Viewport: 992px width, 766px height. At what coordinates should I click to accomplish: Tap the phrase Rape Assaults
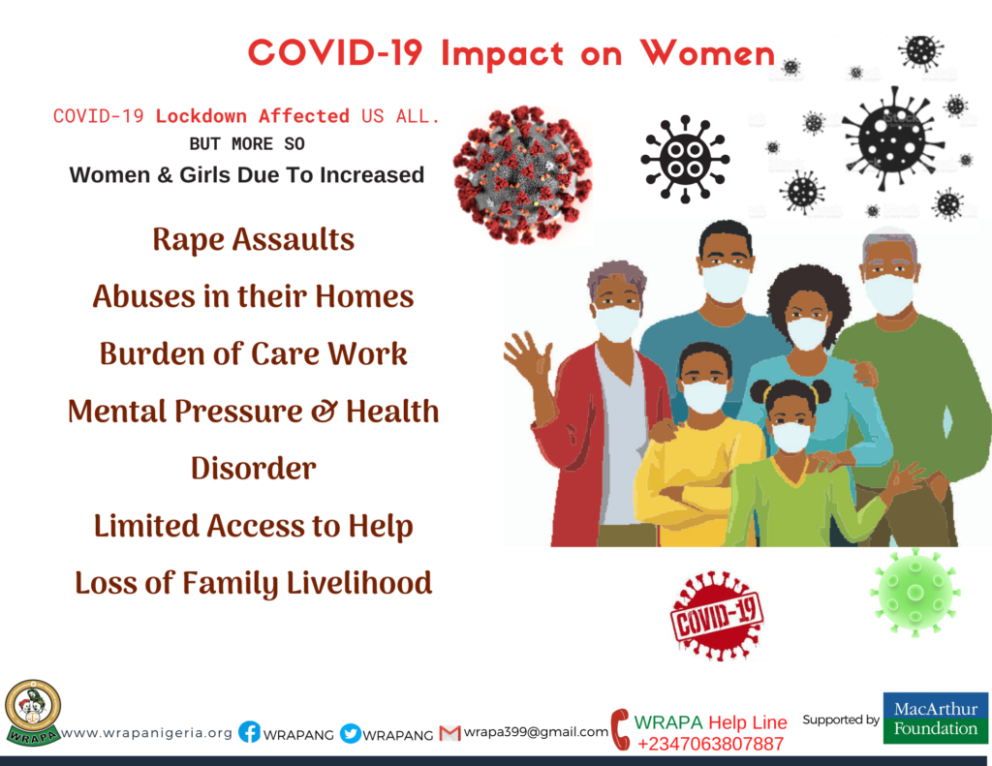[253, 240]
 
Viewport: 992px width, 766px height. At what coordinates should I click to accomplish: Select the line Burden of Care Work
[253, 353]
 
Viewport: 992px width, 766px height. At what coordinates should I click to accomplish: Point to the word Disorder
[253, 469]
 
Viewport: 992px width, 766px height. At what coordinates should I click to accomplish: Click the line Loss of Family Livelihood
[253, 583]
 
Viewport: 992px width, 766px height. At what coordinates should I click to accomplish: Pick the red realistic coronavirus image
[522, 174]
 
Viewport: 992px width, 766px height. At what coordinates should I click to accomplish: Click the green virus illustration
[914, 592]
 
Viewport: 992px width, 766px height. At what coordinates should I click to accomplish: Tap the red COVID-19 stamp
[717, 616]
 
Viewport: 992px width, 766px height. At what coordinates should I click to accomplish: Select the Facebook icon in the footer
[249, 732]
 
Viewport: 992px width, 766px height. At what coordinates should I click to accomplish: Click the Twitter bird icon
[350, 733]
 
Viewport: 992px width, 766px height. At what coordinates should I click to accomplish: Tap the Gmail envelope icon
[449, 733]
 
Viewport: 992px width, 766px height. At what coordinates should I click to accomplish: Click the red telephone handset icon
[621, 729]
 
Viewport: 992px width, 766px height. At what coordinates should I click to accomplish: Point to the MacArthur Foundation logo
[935, 718]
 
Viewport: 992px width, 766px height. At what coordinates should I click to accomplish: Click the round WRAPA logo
[32, 712]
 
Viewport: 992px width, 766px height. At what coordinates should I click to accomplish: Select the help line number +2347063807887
[710, 744]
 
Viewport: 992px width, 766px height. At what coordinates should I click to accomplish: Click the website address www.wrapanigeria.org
[147, 733]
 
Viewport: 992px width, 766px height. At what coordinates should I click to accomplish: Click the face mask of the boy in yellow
[704, 397]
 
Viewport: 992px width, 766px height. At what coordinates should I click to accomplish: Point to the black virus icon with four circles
[685, 160]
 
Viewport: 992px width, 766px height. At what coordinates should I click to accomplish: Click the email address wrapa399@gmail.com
[536, 732]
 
